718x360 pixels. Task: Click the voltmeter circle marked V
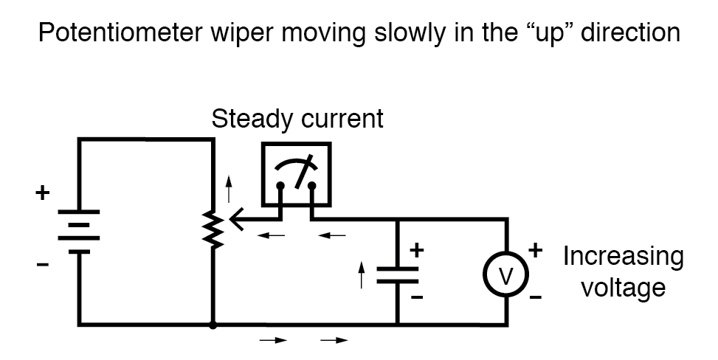[x=507, y=274]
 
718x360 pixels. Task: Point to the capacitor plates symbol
[x=398, y=275]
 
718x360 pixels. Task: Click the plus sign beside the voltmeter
[x=536, y=251]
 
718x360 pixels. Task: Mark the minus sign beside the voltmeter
[x=536, y=298]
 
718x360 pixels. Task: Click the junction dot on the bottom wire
[x=213, y=324]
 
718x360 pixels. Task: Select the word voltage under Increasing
[x=624, y=288]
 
